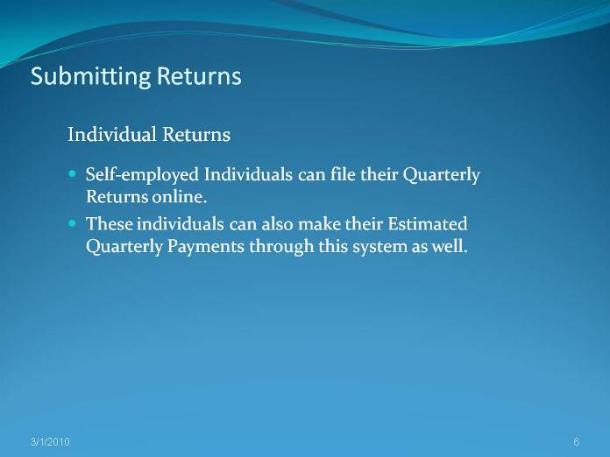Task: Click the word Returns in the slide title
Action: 199,75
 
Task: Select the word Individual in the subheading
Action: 111,135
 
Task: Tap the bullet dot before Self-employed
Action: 72,173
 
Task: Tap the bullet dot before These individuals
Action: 72,223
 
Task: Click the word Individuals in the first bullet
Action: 248,174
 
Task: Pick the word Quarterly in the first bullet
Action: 441,175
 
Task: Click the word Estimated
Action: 428,224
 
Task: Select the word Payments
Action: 206,247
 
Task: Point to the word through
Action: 280,247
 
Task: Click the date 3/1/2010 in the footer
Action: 50,442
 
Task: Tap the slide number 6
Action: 577,442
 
